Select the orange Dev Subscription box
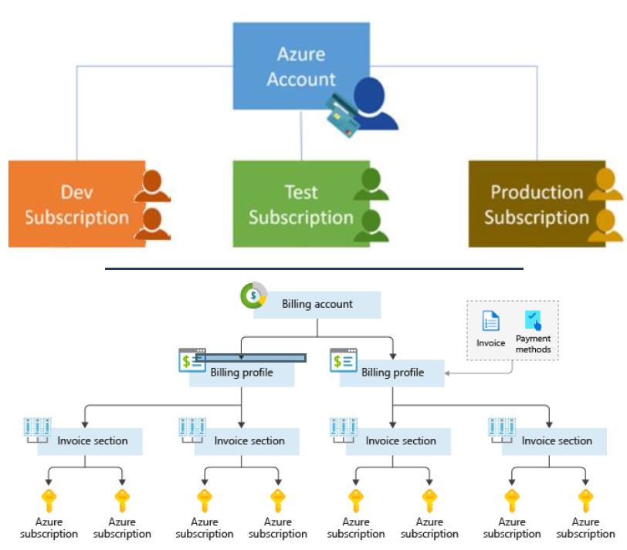click(x=76, y=204)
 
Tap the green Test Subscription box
click(x=301, y=204)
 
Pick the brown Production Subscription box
click(x=537, y=204)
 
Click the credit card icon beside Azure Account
click(x=342, y=116)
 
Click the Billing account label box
click(x=317, y=305)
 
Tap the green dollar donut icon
click(x=253, y=295)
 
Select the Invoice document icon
click(x=490, y=321)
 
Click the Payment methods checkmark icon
click(x=533, y=320)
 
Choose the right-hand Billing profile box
click(x=392, y=373)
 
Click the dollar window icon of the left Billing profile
click(x=192, y=360)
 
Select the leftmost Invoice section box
click(x=90, y=442)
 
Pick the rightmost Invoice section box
click(x=554, y=442)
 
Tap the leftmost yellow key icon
click(x=49, y=501)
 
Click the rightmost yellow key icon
click(x=586, y=501)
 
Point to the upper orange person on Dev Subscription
click(x=152, y=186)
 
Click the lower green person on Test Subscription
click(x=371, y=226)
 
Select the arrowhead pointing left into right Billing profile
click(x=447, y=373)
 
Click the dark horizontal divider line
click(x=314, y=268)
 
